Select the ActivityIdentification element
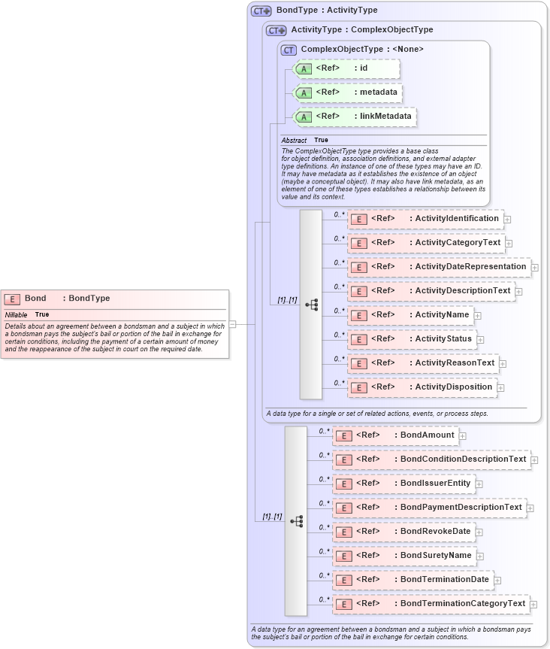[x=425, y=219]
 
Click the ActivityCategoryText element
[x=425, y=243]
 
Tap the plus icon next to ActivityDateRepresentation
[x=535, y=267]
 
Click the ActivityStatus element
[x=412, y=339]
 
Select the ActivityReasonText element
[x=422, y=363]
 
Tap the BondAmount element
[x=395, y=435]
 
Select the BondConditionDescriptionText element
[x=431, y=459]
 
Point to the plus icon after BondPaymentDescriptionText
[x=530, y=508]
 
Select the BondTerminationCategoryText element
[x=431, y=604]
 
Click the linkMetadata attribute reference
[x=355, y=117]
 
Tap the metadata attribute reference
[x=347, y=92]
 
